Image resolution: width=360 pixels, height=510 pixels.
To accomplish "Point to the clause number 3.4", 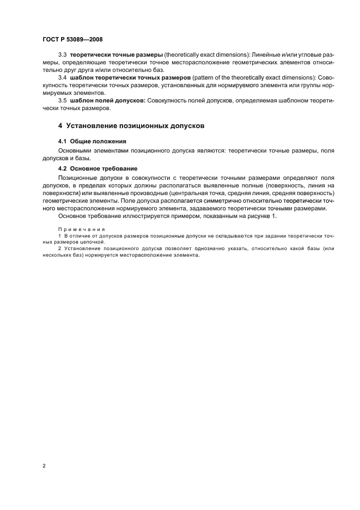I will [x=62, y=78].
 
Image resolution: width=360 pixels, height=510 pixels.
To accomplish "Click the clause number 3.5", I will [x=62, y=100].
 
